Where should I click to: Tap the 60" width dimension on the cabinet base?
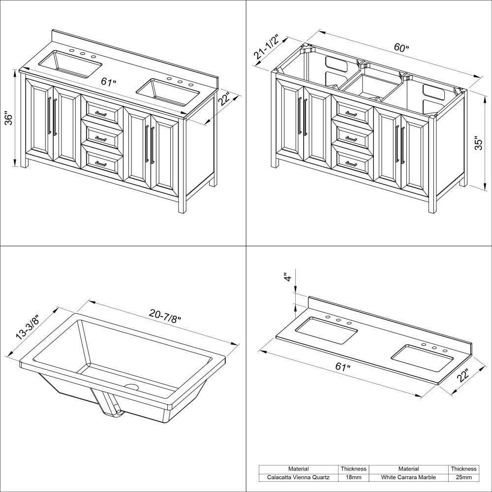pyautogui.click(x=401, y=48)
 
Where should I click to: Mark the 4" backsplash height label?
pyautogui.click(x=288, y=277)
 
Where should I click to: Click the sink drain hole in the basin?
pyautogui.click(x=131, y=386)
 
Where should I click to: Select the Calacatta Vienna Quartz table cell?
pyautogui.click(x=299, y=477)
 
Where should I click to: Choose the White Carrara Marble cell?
pyautogui.click(x=408, y=477)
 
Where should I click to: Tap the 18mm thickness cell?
pyautogui.click(x=354, y=477)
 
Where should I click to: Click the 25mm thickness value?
pyautogui.click(x=463, y=477)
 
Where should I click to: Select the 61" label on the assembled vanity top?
pyautogui.click(x=109, y=82)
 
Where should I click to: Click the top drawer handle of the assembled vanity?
pyautogui.click(x=101, y=114)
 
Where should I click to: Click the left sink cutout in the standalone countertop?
pyautogui.click(x=327, y=329)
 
